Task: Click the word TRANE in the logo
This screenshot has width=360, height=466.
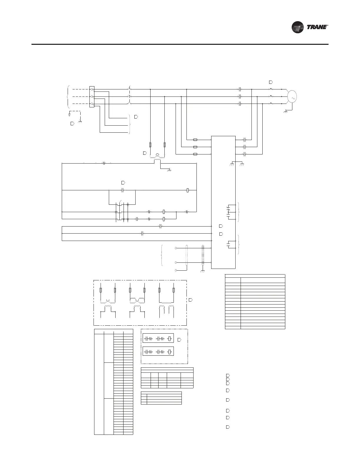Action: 317,27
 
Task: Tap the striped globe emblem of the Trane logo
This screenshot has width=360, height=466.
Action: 298,27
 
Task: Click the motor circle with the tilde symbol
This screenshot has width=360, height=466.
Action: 292,96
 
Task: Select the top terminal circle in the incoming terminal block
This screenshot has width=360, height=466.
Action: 92,89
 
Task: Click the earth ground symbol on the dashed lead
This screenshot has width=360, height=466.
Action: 70,113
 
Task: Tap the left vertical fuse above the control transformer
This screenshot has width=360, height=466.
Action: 150,145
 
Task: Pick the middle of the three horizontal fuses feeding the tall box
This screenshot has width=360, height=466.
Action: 195,147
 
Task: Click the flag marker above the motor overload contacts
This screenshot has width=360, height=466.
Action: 271,81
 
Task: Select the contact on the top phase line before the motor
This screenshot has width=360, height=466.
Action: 240,89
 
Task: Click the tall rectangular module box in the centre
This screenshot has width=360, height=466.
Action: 223,202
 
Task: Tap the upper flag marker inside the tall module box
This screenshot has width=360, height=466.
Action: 221,226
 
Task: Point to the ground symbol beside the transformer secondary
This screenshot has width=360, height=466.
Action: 169,170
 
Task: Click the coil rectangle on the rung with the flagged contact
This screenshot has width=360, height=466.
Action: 188,190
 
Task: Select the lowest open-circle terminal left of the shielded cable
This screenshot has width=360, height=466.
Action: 176,270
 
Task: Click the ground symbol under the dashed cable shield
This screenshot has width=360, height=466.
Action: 202,271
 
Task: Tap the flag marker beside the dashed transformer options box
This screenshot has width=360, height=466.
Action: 190,299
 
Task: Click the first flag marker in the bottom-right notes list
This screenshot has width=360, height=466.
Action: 227,376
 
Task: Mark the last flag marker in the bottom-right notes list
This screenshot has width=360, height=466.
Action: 227,427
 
